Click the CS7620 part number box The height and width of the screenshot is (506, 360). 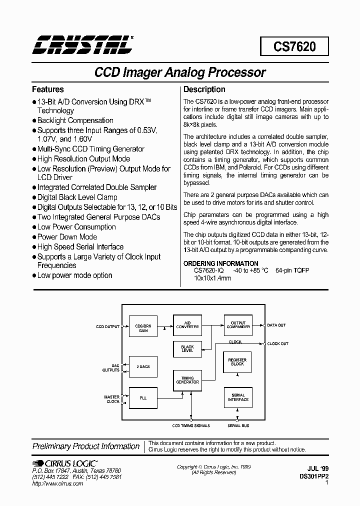(294, 47)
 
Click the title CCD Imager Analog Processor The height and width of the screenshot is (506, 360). (180, 72)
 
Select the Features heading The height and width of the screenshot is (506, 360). (48, 89)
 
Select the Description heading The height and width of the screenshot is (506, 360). (204, 89)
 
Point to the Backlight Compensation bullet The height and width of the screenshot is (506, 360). (75, 120)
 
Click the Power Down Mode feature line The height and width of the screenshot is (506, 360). (67, 237)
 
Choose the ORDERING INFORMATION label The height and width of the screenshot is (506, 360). (221, 263)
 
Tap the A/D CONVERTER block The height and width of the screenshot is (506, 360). (187, 324)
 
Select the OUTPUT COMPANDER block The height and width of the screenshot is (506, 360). (237, 324)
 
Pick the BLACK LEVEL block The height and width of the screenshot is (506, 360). (187, 348)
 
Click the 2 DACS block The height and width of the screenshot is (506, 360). (142, 366)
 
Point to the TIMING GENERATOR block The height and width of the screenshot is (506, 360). (187, 380)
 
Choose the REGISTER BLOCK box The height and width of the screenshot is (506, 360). (237, 362)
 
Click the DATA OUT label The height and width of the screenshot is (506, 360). (276, 325)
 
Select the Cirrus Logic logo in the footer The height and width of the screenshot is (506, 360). (64, 464)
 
